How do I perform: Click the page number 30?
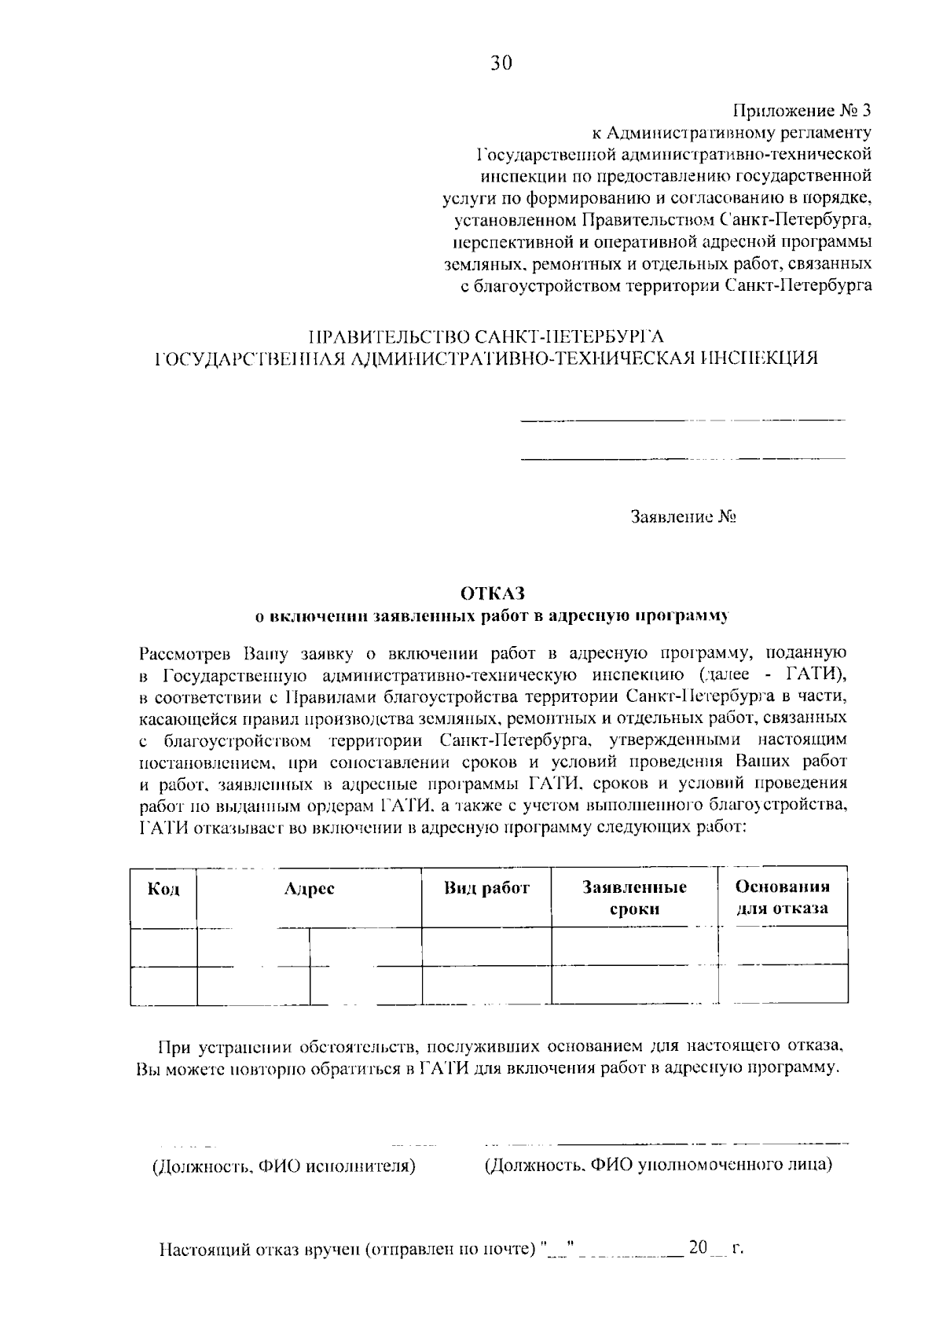(501, 64)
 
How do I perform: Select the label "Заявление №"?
(683, 517)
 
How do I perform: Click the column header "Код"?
(163, 889)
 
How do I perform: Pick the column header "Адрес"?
(310, 888)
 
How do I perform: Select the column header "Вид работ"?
(486, 888)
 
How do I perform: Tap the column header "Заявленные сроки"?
(634, 898)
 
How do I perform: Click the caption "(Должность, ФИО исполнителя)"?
(284, 1166)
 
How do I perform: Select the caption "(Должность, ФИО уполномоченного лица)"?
(658, 1164)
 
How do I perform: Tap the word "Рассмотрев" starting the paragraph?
(185, 653)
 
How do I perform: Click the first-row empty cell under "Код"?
(163, 946)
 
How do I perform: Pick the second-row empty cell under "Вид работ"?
(486, 985)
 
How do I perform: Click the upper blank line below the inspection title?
(683, 420)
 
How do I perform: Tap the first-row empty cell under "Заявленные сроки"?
(634, 946)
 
